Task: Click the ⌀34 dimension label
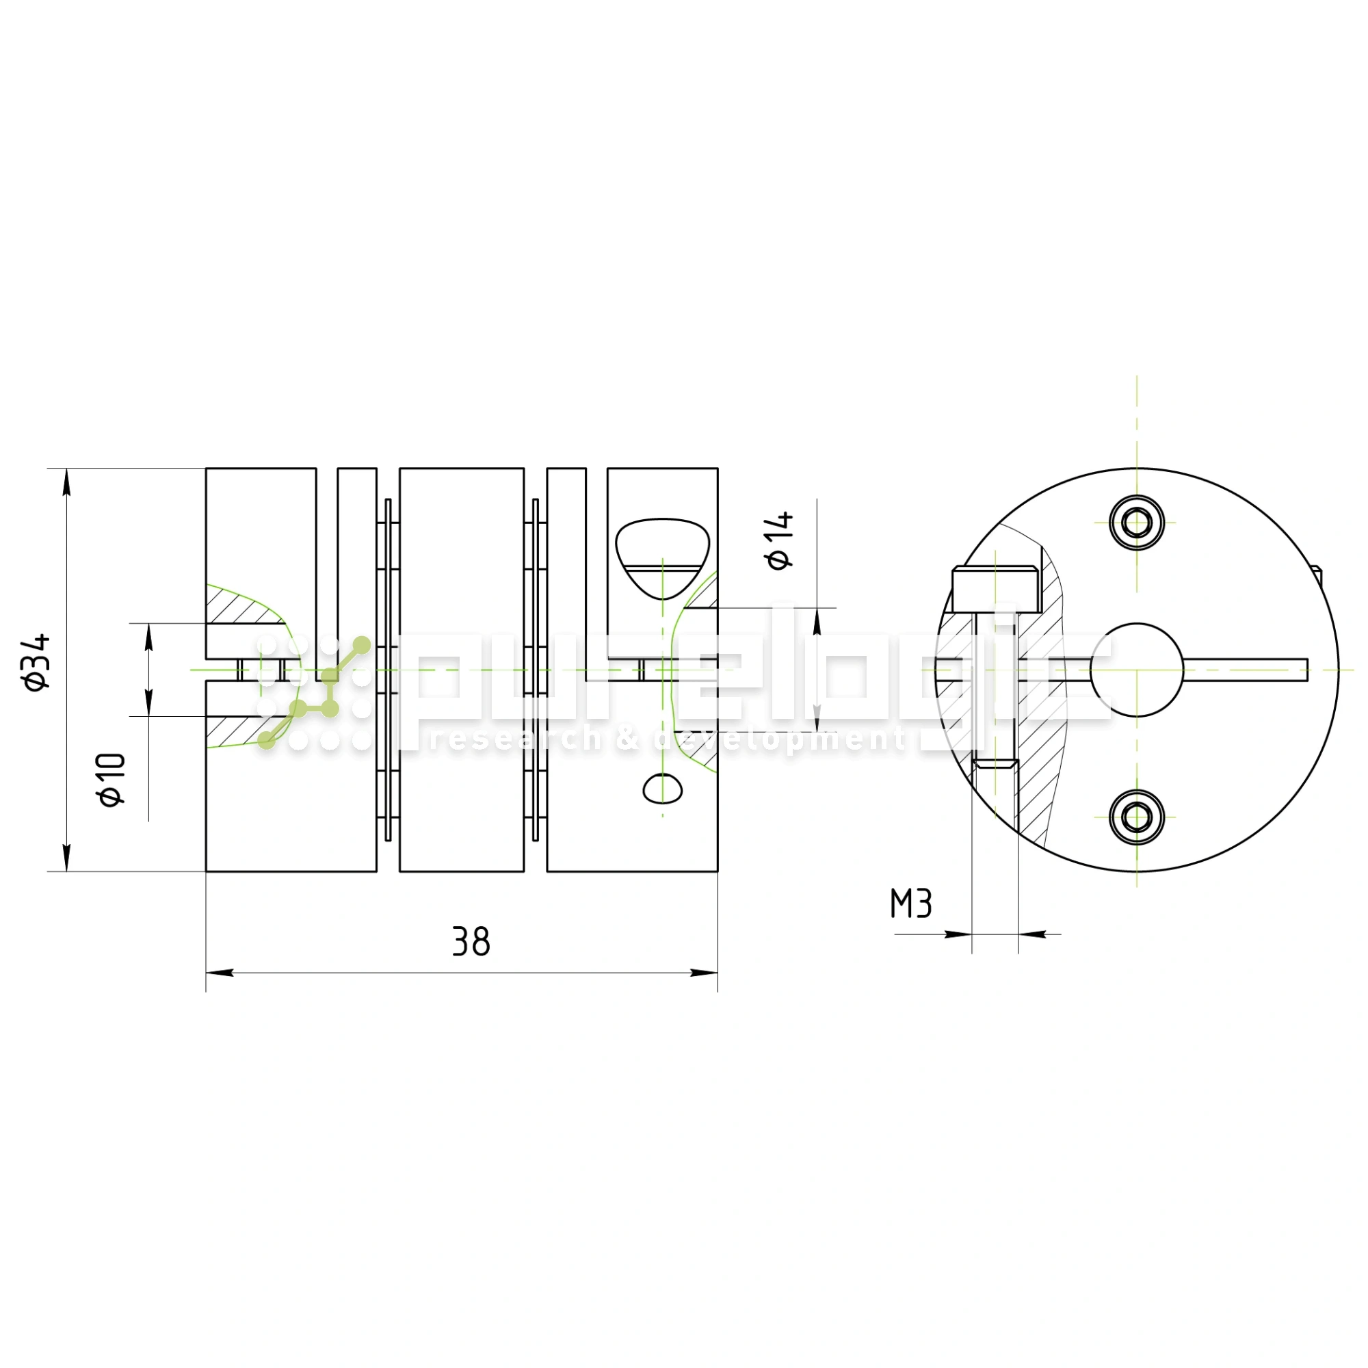(x=37, y=662)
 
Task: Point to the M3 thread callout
(x=910, y=904)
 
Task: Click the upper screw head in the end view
(x=1136, y=523)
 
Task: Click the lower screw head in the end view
(x=1136, y=818)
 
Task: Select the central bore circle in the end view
(x=1136, y=670)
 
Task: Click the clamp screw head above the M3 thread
(x=995, y=589)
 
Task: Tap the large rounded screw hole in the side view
(x=662, y=557)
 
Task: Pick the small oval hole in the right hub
(x=662, y=788)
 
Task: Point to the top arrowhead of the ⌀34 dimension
(x=66, y=482)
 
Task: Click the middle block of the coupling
(x=462, y=669)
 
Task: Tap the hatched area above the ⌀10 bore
(x=241, y=606)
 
